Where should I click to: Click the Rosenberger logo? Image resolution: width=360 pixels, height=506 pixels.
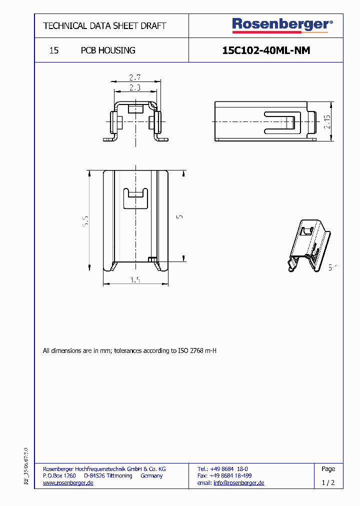click(x=281, y=24)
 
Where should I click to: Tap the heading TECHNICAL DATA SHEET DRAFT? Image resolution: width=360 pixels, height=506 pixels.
click(x=104, y=25)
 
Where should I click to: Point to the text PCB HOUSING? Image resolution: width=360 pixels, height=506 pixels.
click(x=108, y=50)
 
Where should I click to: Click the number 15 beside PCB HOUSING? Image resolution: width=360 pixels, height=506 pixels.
click(x=54, y=50)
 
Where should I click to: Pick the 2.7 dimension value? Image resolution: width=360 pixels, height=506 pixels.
click(x=134, y=77)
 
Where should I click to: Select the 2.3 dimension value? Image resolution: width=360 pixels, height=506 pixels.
click(x=134, y=87)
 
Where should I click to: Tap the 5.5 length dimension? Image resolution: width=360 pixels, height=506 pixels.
click(x=85, y=221)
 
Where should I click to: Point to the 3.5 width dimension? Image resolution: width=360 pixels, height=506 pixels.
click(x=135, y=280)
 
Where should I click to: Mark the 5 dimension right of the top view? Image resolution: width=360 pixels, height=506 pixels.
click(x=179, y=216)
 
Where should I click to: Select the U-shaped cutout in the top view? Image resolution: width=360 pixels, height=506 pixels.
click(x=135, y=198)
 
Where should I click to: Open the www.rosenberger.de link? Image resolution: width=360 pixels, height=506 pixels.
click(x=68, y=482)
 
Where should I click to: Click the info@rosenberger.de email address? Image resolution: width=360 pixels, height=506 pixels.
click(x=238, y=482)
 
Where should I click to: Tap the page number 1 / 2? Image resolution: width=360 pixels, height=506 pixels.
click(x=328, y=482)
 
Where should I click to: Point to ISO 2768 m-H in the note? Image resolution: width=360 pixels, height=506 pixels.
click(x=197, y=351)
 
